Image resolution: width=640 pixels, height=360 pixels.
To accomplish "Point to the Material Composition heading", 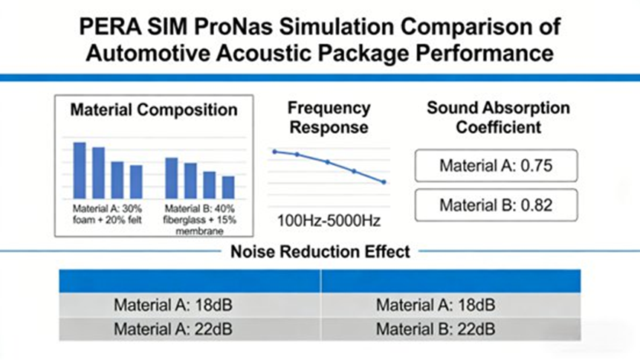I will (154, 110).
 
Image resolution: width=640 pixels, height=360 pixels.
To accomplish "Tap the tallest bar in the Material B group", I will (171, 178).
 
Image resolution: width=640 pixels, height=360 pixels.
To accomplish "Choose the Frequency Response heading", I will (329, 118).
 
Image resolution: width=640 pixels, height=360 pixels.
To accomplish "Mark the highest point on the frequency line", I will (274, 151).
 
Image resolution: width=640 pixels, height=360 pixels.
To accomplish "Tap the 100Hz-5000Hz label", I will (329, 221).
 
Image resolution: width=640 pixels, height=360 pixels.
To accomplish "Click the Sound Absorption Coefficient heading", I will (497, 118).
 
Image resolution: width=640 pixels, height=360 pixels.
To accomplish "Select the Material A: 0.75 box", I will (497, 166).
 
